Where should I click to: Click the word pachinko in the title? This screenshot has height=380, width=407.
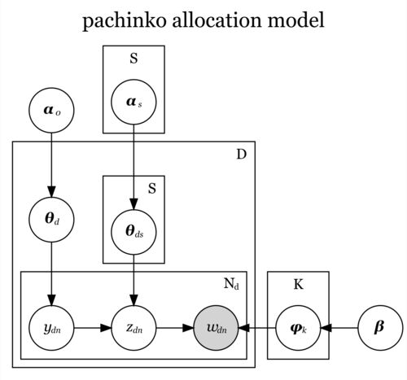[124, 21]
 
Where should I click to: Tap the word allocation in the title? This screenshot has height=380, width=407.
[217, 20]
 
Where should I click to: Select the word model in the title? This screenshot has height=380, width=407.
[295, 20]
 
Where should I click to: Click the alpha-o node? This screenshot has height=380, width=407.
[51, 110]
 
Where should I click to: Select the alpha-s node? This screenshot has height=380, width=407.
[133, 102]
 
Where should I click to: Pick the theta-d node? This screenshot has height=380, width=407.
[51, 219]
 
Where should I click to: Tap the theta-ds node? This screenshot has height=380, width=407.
[133, 232]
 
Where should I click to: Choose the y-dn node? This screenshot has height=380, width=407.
[51, 328]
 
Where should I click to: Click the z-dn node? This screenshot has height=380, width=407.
[133, 328]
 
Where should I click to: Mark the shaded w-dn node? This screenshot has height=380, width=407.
[216, 328]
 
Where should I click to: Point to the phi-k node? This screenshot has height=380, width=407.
[298, 328]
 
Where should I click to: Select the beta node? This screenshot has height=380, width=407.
[380, 328]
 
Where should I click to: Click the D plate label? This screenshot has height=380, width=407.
[242, 155]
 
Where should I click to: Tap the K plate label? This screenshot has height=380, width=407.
[299, 285]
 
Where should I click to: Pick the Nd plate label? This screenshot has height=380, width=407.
[232, 284]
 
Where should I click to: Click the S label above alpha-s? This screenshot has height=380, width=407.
[133, 59]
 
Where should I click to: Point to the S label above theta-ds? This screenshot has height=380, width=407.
[152, 188]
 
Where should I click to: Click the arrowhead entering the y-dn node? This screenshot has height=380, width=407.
[51, 300]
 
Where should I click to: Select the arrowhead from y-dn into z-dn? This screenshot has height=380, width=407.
[106, 328]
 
